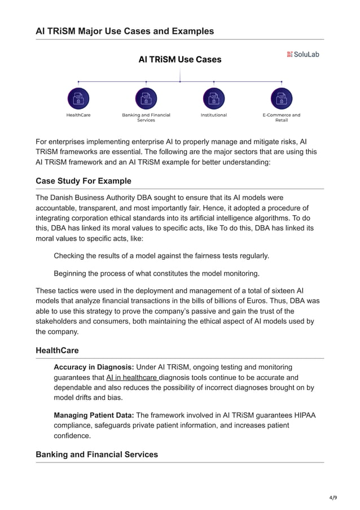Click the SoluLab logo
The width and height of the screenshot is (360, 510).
pos(303,54)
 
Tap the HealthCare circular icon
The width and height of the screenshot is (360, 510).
pos(78,98)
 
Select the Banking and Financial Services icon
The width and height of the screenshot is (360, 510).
pos(146,98)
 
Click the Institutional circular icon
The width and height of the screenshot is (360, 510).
pos(214,98)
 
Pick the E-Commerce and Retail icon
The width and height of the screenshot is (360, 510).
pos(281,98)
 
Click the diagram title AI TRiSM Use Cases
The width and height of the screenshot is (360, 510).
pos(180,59)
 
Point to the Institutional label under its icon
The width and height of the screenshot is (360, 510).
pos(214,115)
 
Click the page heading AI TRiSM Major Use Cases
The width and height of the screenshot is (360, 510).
pos(125,31)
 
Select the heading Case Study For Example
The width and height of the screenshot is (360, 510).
pos(84,181)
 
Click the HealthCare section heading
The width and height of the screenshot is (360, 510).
pos(57,351)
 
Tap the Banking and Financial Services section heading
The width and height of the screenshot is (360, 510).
pos(96,455)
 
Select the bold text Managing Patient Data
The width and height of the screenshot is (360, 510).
pos(94,416)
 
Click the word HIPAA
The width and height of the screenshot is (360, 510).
pos(302,416)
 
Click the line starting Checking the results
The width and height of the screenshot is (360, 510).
pos(161,256)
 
